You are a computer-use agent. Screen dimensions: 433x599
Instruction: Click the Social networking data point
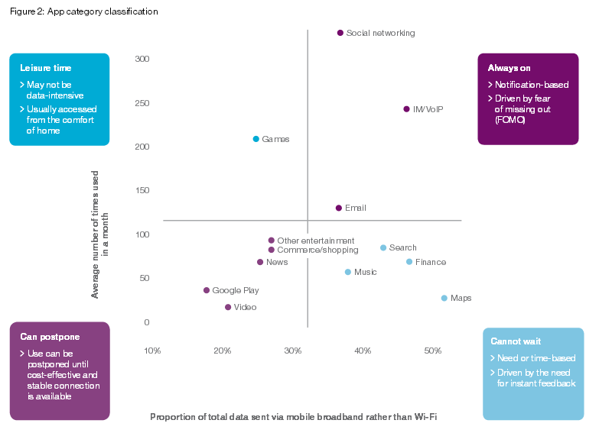[340, 33]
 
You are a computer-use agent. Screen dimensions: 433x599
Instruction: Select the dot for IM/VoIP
[406, 109]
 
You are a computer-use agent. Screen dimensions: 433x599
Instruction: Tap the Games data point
[256, 139]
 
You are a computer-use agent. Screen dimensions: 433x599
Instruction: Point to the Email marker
[338, 208]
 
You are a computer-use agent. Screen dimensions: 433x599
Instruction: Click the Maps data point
[444, 298]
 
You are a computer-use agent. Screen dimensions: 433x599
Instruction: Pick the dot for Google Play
[207, 290]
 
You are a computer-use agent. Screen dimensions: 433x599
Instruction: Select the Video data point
[228, 307]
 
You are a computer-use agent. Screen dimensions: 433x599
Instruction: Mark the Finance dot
[409, 262]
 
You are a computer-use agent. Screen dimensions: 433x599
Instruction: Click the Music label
[365, 272]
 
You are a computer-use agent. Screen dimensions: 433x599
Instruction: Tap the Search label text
[402, 247]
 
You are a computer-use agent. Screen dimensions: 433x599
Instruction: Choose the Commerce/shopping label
[317, 250]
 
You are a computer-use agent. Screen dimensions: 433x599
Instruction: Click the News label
[277, 262]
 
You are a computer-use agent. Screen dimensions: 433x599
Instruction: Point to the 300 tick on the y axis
[142, 59]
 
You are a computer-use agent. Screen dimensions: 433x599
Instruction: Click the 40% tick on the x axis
[363, 351]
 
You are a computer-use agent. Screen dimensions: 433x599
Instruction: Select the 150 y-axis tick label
[142, 191]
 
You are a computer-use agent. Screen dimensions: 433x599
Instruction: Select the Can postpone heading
[50, 336]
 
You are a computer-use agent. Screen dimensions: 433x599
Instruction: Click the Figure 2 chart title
[84, 11]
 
